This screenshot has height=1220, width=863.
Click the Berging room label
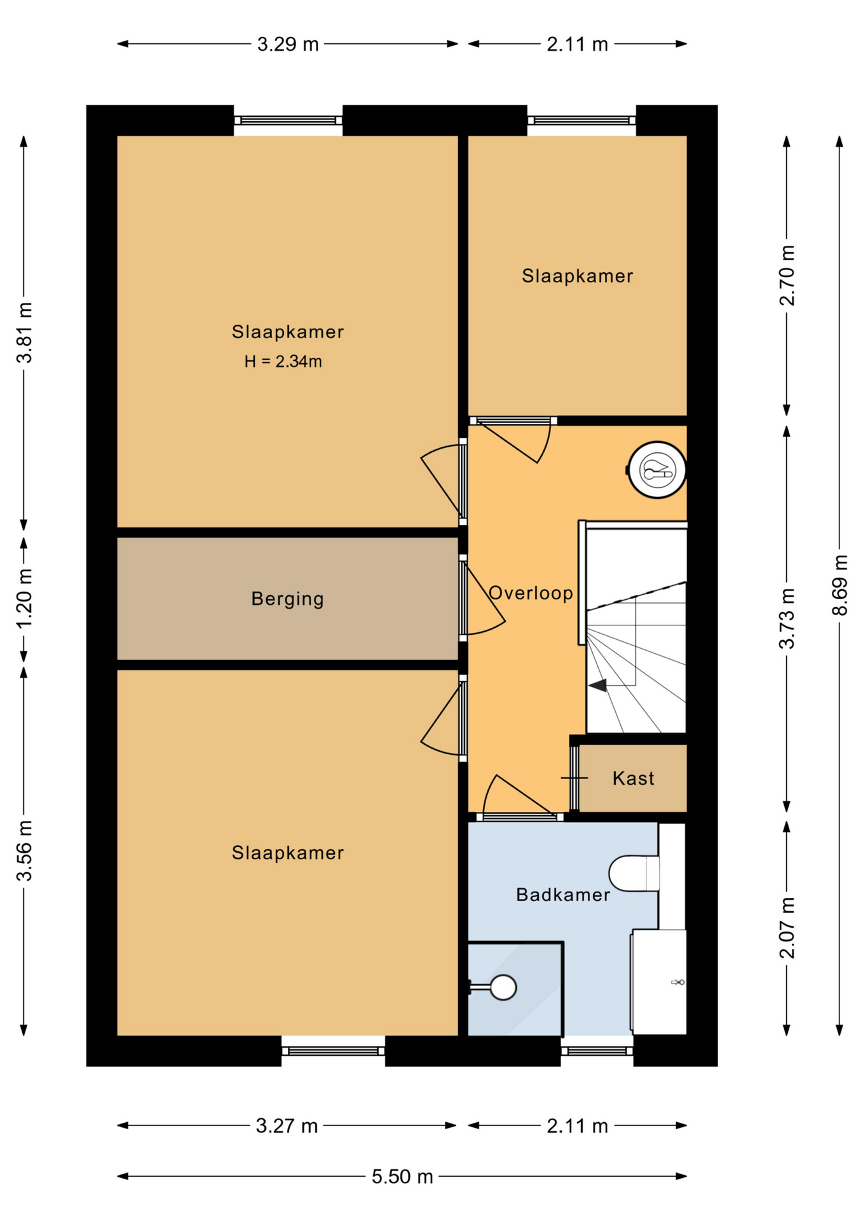point(287,599)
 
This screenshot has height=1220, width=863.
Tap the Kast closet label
point(633,778)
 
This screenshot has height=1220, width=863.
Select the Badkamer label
point(563,895)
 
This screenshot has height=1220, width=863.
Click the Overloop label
point(531,593)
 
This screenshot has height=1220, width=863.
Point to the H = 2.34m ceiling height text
point(283,362)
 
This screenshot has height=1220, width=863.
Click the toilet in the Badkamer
point(634,873)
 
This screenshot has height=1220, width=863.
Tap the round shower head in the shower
point(503,987)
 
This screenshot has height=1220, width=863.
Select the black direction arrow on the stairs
point(597,685)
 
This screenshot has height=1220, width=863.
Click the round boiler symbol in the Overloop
point(657,470)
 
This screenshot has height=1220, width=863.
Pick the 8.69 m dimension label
point(839,585)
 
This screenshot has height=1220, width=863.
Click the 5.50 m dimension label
point(402,1176)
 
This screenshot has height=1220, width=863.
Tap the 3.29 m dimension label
point(288,44)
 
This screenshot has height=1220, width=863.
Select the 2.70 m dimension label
point(787,275)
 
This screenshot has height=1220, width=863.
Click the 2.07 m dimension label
point(787,928)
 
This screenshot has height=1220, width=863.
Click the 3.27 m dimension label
point(287,1125)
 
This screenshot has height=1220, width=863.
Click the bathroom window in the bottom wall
point(597,1050)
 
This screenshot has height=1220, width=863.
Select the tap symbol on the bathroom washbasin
point(678,982)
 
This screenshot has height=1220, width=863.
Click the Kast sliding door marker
point(574,778)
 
